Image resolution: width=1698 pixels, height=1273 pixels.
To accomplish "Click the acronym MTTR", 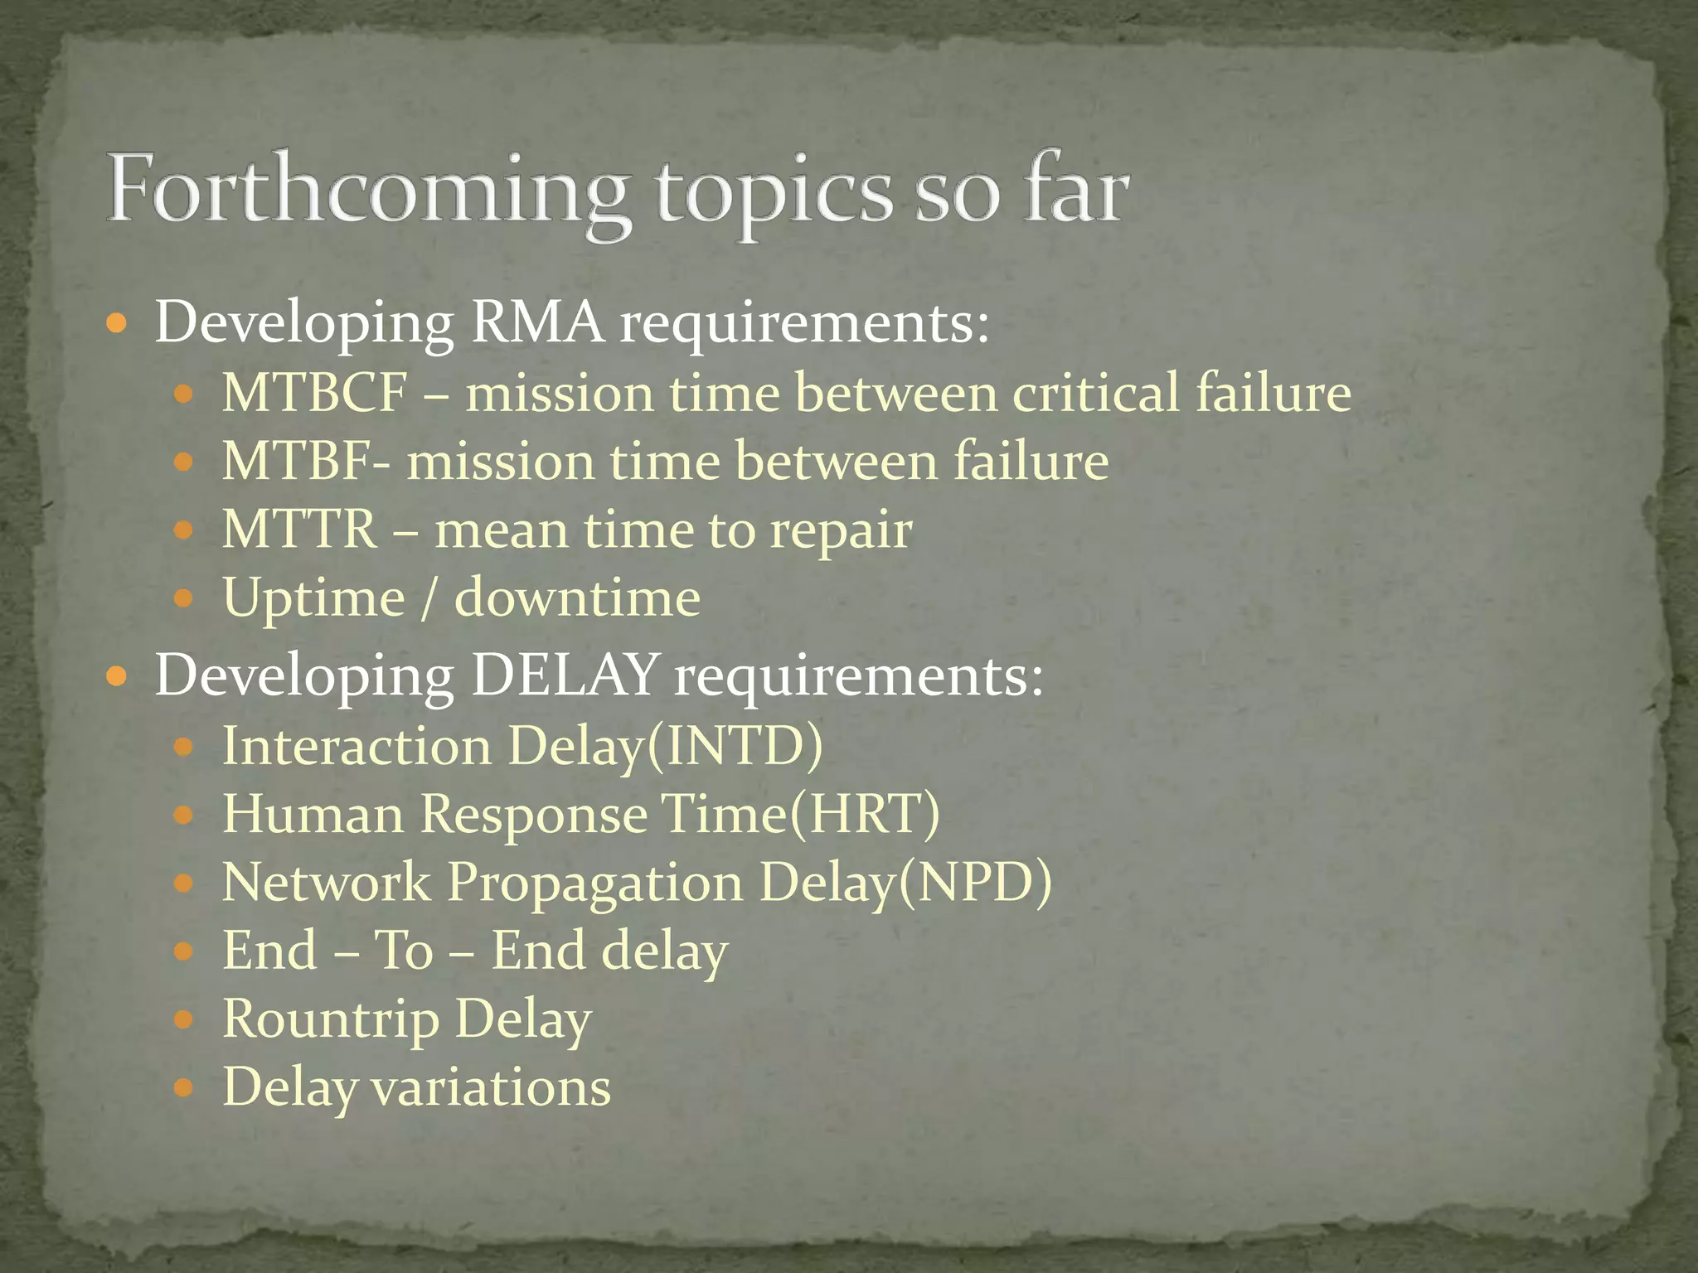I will pyautogui.click(x=299, y=530).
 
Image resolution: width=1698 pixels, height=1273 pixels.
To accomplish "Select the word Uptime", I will pyautogui.click(x=313, y=599).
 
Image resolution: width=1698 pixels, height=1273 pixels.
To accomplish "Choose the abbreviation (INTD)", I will pyautogui.click(x=734, y=746).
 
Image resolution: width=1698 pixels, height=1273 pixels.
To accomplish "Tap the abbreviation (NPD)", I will pyautogui.click(x=974, y=882).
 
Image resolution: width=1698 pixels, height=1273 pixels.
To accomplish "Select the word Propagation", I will pyautogui.click(x=595, y=883).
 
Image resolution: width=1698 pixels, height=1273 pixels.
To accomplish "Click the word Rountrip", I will pyautogui.click(x=331, y=1019).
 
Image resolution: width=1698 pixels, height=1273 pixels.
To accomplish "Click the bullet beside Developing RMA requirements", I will pyautogui.click(x=118, y=324).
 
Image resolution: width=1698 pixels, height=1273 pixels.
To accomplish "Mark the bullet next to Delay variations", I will pyautogui.click(x=184, y=1087).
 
